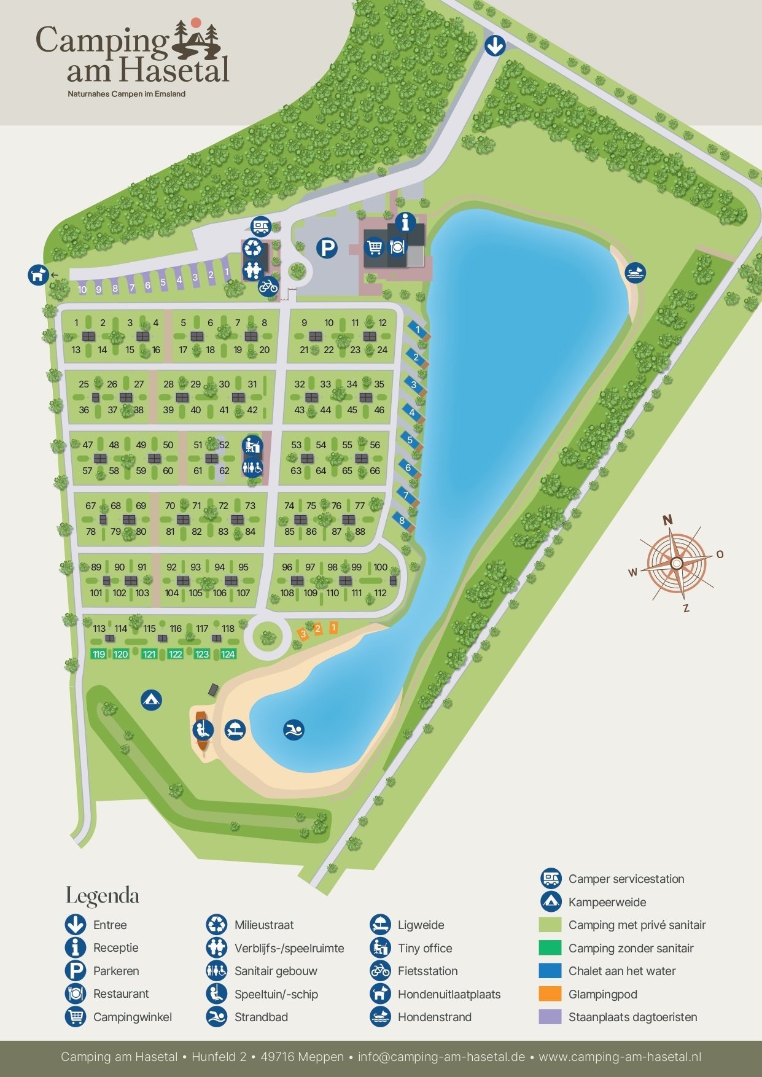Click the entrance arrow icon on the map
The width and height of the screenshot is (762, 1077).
(495, 45)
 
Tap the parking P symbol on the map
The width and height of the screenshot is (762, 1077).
(327, 248)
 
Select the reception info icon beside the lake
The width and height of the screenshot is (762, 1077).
(405, 222)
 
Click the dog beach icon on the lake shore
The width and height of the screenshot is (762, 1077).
(636, 273)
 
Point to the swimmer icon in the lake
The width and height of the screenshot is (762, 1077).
(294, 729)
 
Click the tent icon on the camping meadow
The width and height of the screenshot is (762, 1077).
(151, 699)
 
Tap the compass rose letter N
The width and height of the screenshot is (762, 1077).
(667, 520)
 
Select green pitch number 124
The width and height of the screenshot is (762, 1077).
(228, 654)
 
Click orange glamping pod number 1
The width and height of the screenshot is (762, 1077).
(333, 627)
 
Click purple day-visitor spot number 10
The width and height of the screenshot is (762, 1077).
(82, 290)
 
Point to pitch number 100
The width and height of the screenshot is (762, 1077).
(381, 567)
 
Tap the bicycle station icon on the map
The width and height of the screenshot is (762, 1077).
(268, 286)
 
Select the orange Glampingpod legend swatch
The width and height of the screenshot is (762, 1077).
(550, 993)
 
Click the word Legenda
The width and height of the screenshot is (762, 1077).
(103, 896)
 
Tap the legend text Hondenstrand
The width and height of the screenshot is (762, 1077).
(434, 1017)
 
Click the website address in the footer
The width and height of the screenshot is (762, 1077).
(620, 1057)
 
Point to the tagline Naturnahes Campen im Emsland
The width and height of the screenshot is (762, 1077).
(126, 94)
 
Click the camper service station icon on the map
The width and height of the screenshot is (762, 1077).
(262, 226)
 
